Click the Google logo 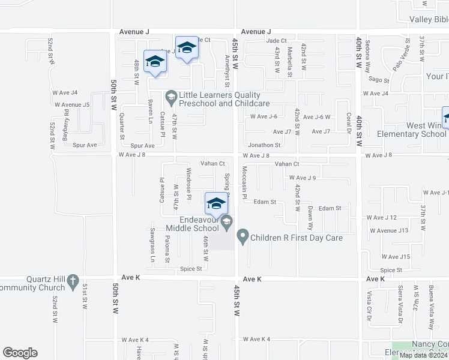click(20, 353)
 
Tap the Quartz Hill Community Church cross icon click(73, 280)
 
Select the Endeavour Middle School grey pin click(227, 223)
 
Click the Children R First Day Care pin click(243, 237)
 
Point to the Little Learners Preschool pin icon click(171, 96)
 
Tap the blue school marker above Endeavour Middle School click(215, 203)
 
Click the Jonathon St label click(265, 145)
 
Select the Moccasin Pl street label click(244, 183)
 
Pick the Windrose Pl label click(188, 184)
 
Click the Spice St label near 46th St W click(191, 269)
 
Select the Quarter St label click(121, 127)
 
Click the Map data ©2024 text click(423, 355)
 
